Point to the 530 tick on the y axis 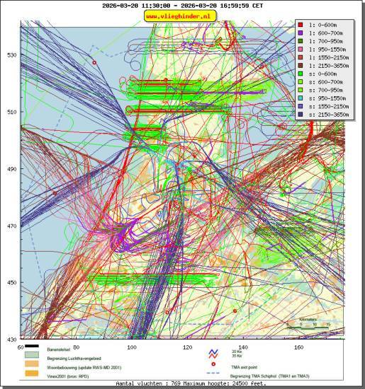[12, 55]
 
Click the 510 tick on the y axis [12, 112]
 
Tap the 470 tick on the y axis [12, 226]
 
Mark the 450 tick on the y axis [12, 283]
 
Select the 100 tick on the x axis [132, 347]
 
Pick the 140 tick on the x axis [243, 347]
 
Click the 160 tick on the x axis [298, 347]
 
